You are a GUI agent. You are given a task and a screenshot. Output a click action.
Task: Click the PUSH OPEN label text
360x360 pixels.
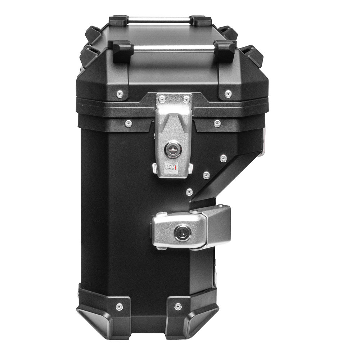tap(170, 167)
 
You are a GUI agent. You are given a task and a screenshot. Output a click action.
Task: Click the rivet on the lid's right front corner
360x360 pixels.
tap(228, 94)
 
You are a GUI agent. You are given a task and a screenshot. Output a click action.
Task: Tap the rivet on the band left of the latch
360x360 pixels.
tap(128, 124)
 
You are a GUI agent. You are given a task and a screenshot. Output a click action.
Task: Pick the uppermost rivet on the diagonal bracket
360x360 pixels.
tap(224, 158)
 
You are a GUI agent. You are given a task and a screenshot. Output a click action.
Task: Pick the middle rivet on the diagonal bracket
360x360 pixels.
tap(206, 175)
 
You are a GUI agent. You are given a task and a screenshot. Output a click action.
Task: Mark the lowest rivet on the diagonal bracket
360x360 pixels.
tap(189, 192)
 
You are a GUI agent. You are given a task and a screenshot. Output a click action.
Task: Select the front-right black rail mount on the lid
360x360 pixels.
tap(225, 49)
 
